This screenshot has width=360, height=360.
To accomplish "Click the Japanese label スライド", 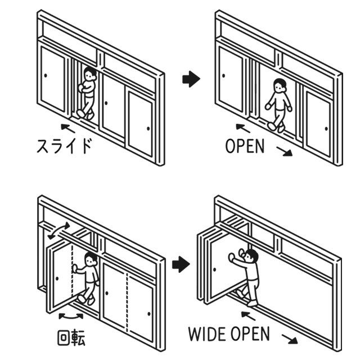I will point(64,146).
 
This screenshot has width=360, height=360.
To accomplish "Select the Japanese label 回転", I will point(71,339).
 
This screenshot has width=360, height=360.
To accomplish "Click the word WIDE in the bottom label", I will point(209,334).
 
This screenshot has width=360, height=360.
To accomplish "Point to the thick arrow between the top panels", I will point(191,79).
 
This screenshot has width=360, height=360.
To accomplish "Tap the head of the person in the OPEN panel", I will point(281,85).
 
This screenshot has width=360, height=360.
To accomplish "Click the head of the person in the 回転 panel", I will point(90,260).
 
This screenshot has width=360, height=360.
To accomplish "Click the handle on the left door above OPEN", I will point(224,75).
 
